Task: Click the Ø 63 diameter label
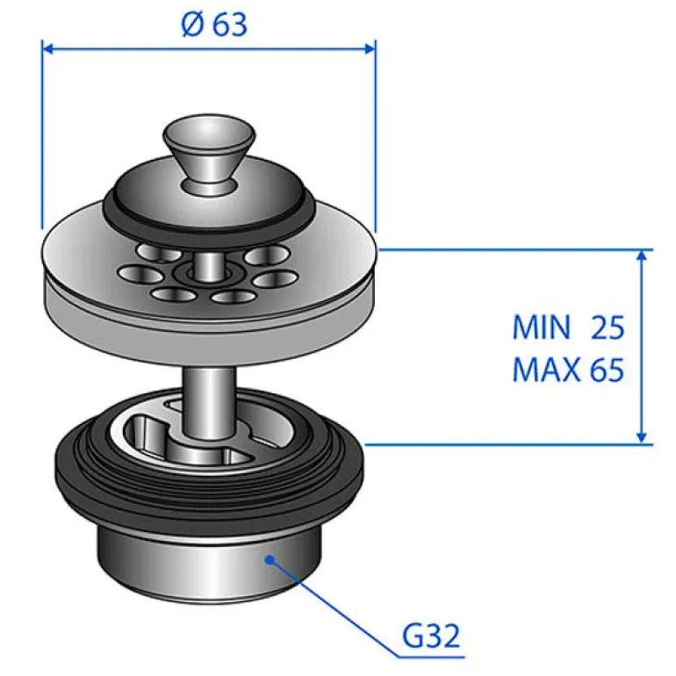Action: point(214,24)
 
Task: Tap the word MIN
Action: point(542,327)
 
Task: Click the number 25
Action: point(608,327)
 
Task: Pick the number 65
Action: point(607,370)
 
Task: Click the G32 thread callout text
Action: point(431,636)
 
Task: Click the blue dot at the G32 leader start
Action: point(270,559)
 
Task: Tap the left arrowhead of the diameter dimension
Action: point(47,48)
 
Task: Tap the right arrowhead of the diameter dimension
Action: point(370,48)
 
